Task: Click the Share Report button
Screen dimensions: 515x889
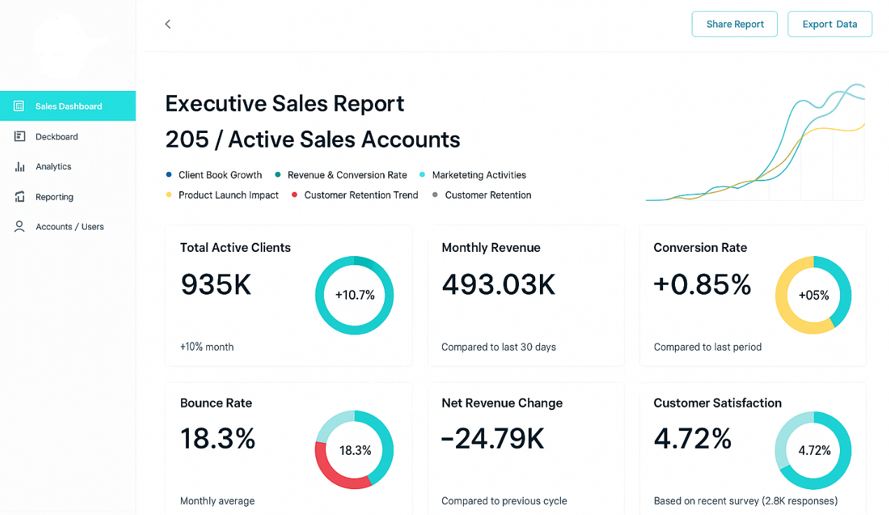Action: tap(734, 24)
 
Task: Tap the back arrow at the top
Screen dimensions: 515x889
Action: tap(168, 24)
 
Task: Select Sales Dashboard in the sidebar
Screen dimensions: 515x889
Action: tap(68, 106)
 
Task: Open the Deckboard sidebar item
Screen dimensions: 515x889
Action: tap(56, 136)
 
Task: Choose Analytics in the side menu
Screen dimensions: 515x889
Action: tap(53, 167)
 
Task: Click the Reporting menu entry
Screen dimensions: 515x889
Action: tap(54, 197)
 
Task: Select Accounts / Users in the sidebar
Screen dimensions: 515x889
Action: tap(69, 227)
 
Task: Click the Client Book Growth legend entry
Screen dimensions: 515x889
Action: tap(220, 175)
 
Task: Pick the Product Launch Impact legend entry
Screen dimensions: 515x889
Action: tap(228, 195)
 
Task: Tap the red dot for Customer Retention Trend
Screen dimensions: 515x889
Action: tap(295, 195)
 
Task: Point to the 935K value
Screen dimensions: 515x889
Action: tap(216, 285)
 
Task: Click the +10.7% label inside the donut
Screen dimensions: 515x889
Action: tap(355, 295)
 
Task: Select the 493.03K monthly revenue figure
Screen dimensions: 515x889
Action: tap(499, 285)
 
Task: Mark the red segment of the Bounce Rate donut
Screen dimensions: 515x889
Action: tap(334, 470)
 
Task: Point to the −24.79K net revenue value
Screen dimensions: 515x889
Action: tap(492, 439)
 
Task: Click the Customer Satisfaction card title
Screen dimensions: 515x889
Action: tap(718, 403)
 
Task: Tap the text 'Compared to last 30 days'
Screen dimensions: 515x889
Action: tap(499, 347)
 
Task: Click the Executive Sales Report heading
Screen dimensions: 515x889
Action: tap(285, 104)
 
